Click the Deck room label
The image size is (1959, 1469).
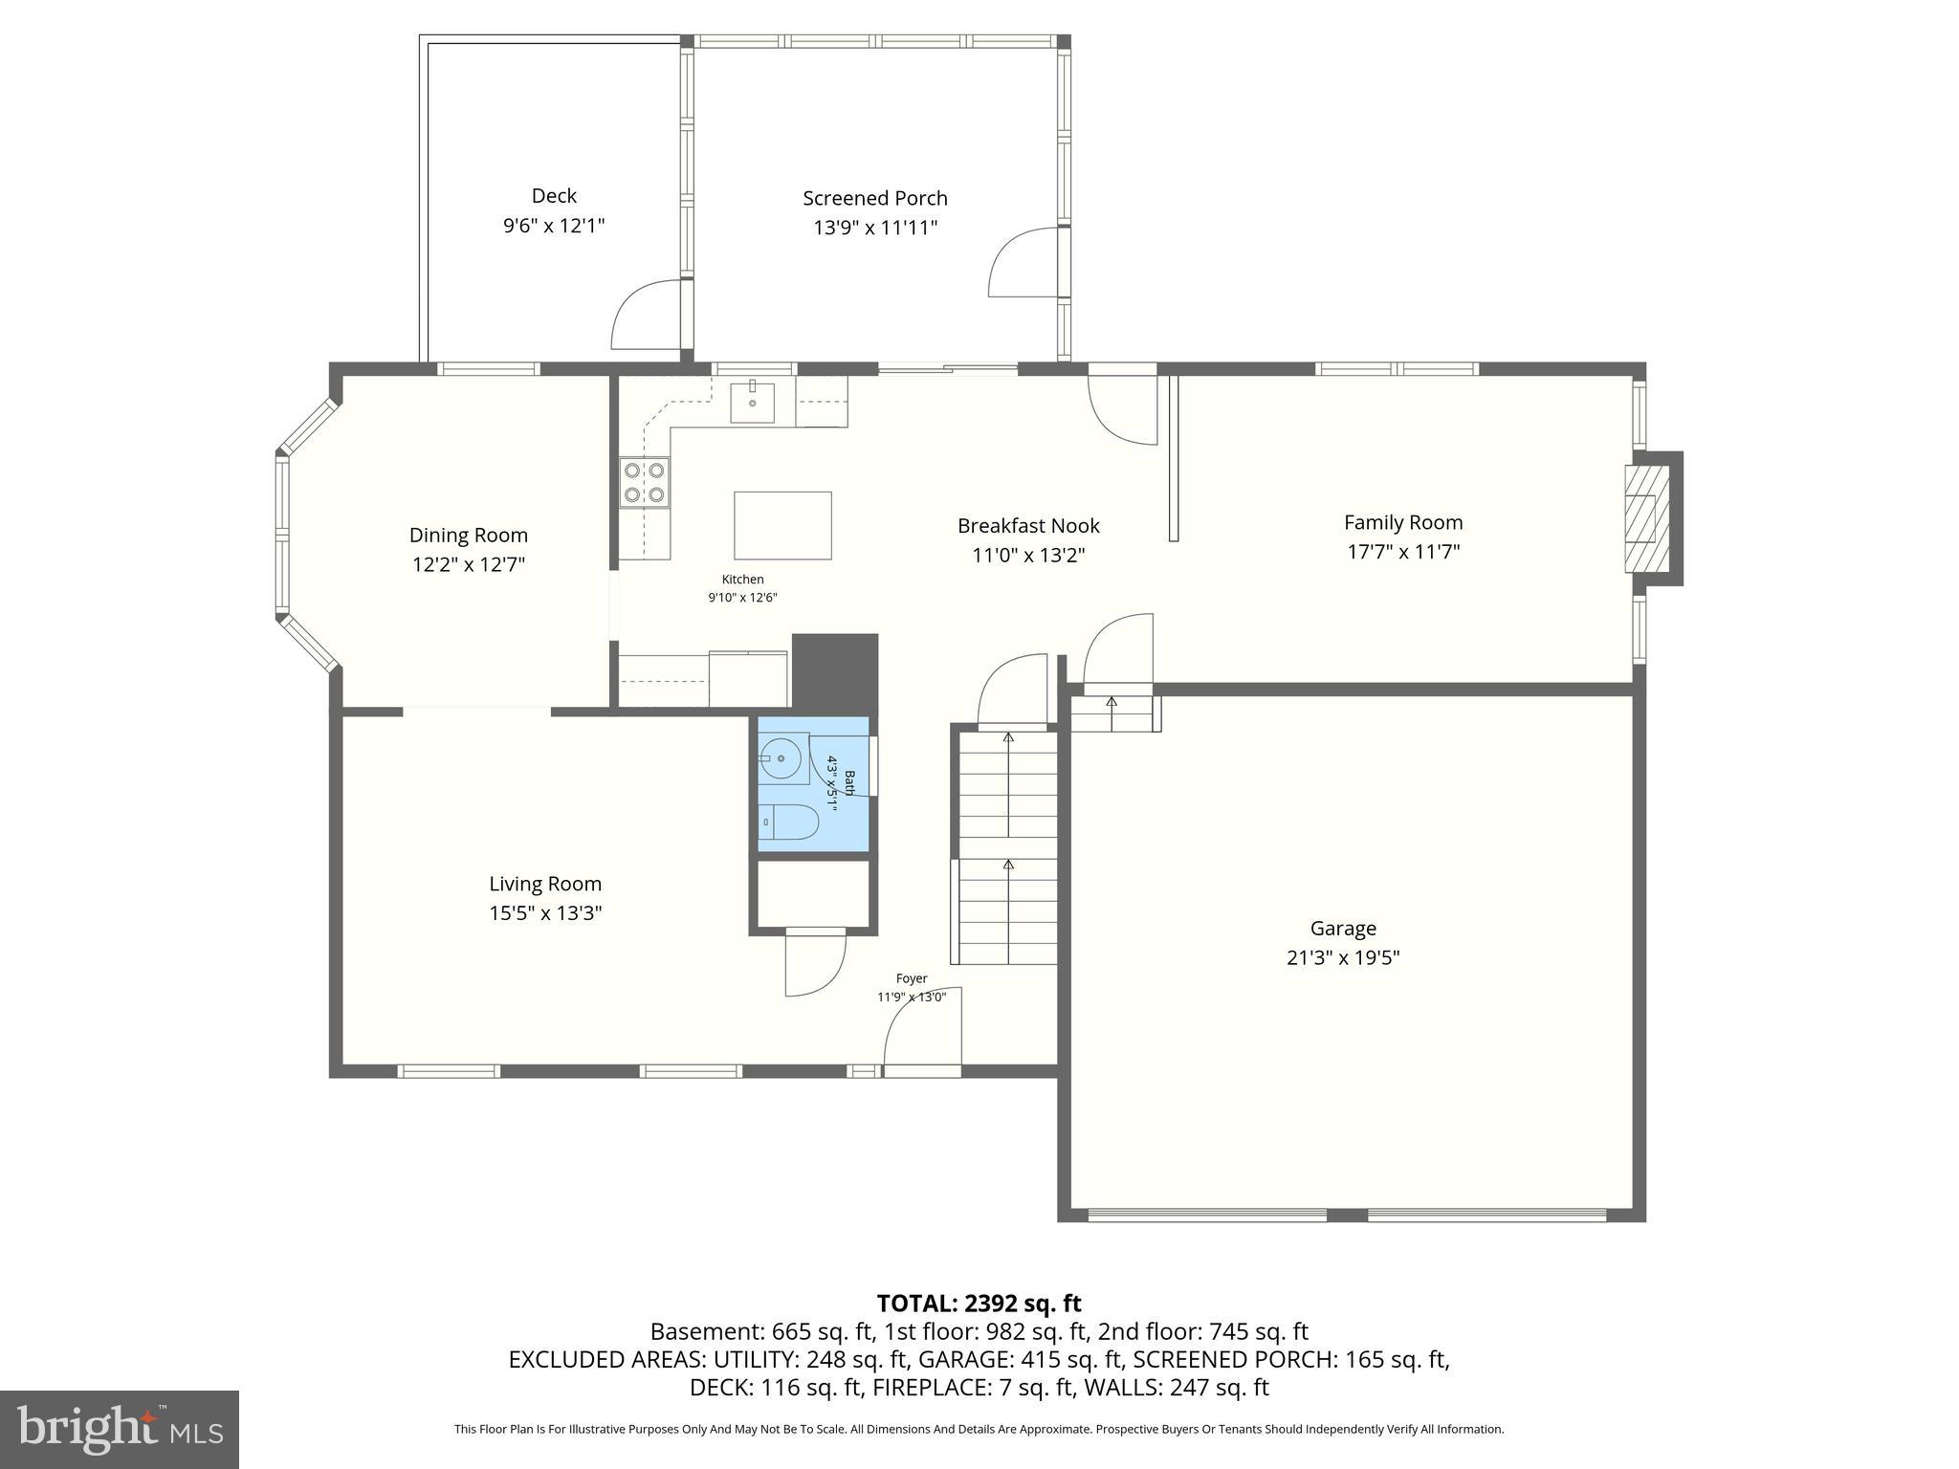[x=554, y=196]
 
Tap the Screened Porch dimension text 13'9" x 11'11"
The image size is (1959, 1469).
[x=874, y=228]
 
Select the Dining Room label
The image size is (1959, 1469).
[x=468, y=536]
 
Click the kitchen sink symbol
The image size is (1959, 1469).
[x=753, y=402]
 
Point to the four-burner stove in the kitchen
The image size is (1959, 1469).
[x=644, y=482]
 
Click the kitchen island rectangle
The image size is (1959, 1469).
[x=782, y=525]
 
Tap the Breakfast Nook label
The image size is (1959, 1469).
[x=1028, y=526]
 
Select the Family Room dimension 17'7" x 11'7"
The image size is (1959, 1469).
[x=1402, y=552]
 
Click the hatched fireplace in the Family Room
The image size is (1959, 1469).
[x=1646, y=517]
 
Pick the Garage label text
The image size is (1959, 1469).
[x=1343, y=928]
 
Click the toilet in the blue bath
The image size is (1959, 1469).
[x=791, y=822]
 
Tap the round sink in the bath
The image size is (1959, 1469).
[x=783, y=758]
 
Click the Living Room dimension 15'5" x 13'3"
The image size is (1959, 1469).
[x=545, y=913]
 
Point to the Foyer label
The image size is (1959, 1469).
[x=911, y=978]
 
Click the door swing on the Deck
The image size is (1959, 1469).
[x=646, y=316]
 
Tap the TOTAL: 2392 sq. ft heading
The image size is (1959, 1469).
[x=979, y=1303]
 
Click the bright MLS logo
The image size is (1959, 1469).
[x=120, y=1429]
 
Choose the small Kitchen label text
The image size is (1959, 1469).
[x=742, y=580]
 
